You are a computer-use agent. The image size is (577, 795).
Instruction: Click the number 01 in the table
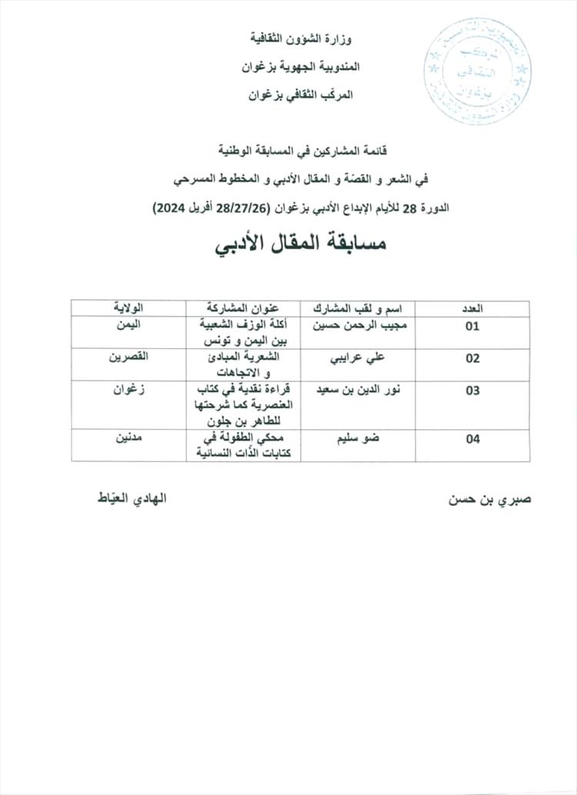472,326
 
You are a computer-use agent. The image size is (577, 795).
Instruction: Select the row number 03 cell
472,391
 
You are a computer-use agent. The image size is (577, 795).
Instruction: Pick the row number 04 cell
472,439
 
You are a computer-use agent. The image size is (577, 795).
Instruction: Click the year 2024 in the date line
174,208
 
